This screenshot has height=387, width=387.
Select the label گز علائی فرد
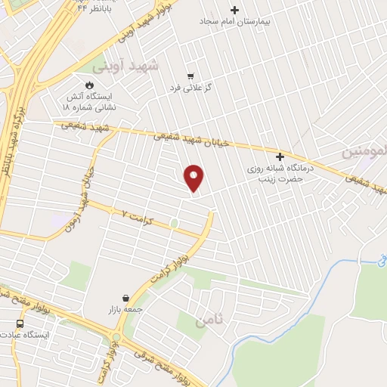(190, 88)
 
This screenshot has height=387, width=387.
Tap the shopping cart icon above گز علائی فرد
(190, 76)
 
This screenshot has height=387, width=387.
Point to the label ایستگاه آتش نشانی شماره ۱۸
(88, 102)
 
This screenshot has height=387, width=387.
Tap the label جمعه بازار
(125, 310)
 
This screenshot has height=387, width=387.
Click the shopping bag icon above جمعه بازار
(125, 298)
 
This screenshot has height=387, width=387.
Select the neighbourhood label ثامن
(209, 321)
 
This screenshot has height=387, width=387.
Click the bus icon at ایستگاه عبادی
(20, 323)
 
